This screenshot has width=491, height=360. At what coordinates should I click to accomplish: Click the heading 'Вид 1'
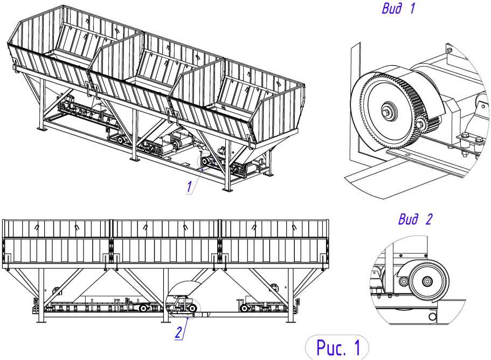(398, 9)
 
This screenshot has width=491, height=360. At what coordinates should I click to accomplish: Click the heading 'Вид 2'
(415, 219)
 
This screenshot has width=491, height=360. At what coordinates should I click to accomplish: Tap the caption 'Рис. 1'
(338, 347)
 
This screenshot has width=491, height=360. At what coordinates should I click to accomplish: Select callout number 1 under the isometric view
(189, 186)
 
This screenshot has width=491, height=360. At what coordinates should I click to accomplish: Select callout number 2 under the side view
(178, 333)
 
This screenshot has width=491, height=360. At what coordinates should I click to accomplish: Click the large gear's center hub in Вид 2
(427, 281)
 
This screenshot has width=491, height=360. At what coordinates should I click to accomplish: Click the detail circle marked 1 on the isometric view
(197, 161)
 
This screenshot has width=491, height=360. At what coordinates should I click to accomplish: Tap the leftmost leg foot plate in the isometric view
(41, 129)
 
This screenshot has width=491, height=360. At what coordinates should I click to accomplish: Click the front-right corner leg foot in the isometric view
(227, 189)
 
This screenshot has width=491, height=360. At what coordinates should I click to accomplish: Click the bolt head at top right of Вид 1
(449, 50)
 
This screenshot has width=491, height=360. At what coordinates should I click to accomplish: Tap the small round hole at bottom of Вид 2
(432, 317)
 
